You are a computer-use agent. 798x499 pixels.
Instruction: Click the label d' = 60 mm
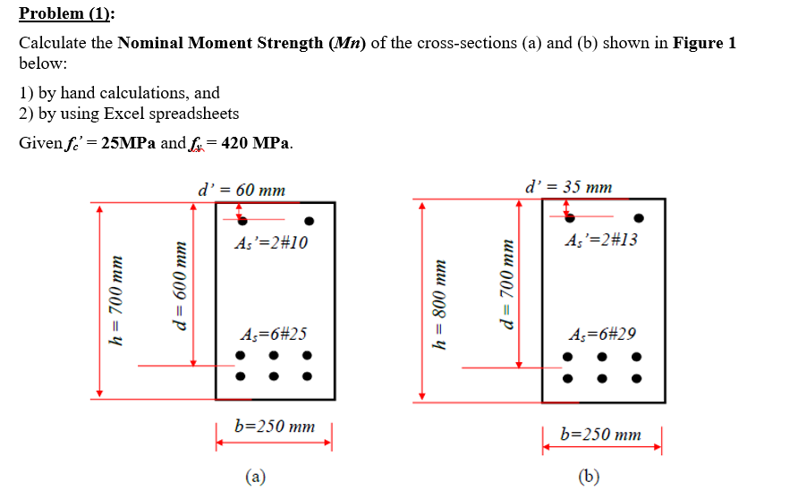(x=242, y=190)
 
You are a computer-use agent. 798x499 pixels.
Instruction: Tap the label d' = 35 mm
(x=570, y=188)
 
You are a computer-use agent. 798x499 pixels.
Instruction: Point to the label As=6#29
(x=602, y=334)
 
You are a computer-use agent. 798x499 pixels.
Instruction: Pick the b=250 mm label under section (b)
(x=600, y=435)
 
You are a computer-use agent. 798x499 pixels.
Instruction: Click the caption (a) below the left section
(x=256, y=477)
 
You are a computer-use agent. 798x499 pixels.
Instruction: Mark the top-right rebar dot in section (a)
(x=310, y=220)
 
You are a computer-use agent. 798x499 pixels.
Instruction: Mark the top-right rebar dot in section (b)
(x=639, y=217)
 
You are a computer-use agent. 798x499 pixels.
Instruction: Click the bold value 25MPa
(x=130, y=144)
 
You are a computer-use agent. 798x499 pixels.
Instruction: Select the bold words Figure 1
(x=704, y=44)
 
